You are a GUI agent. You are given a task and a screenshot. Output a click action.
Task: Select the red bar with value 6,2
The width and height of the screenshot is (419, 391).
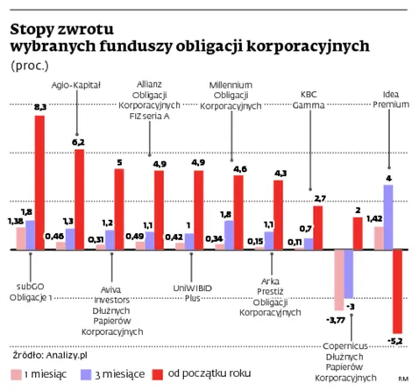point(80,200)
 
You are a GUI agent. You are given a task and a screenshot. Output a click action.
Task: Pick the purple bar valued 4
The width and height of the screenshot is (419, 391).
point(387,217)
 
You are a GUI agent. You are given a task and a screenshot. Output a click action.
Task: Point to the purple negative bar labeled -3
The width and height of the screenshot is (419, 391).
point(349,274)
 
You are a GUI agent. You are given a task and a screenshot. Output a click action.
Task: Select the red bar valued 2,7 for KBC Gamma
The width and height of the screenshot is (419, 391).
point(318,227)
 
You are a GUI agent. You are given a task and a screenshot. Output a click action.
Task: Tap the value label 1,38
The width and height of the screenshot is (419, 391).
point(13,222)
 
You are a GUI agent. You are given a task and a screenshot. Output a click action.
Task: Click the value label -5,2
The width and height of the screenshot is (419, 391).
point(396,340)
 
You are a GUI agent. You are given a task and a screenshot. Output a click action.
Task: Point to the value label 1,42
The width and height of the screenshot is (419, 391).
point(374,218)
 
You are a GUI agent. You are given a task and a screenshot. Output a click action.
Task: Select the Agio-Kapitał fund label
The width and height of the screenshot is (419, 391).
point(78,84)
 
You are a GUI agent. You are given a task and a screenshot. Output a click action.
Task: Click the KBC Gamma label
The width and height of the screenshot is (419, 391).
point(311,98)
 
